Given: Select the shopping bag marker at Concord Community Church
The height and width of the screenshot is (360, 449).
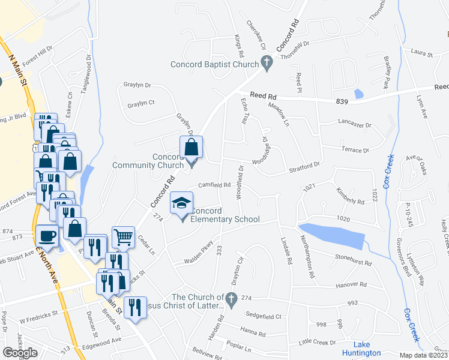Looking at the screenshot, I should [x=191, y=147].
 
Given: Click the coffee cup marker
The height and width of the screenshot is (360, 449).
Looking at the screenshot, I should [x=48, y=236].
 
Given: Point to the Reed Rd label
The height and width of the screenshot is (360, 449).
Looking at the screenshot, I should [x=263, y=95].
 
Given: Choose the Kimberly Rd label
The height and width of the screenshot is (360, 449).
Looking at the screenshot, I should [x=351, y=199].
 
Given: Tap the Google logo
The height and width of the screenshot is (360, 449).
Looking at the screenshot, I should [x=20, y=352].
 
